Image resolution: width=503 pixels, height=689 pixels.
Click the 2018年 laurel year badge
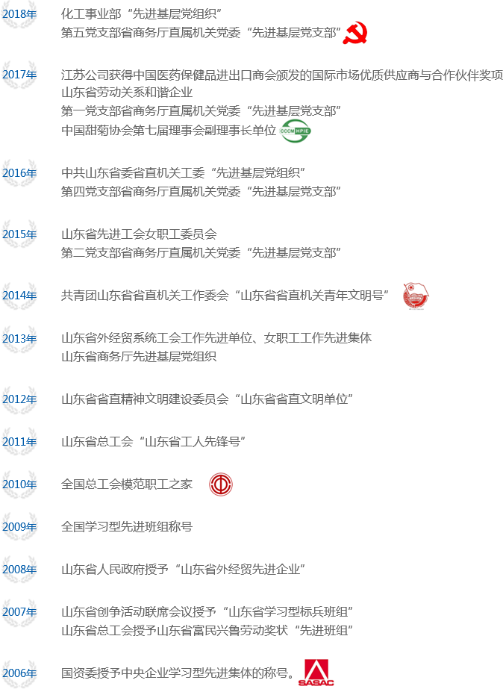(x=19, y=14)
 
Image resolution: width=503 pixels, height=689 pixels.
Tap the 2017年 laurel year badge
(x=19, y=75)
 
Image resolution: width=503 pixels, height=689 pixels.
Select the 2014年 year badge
(x=19, y=296)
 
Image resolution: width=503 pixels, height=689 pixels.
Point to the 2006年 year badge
(x=19, y=673)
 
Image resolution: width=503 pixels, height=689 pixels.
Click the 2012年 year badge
(x=19, y=399)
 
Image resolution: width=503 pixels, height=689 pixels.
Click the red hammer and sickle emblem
(x=354, y=33)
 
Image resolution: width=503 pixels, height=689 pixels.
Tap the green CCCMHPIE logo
(x=296, y=131)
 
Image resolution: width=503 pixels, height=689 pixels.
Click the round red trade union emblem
(x=220, y=484)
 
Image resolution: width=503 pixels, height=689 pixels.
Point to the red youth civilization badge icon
(x=415, y=296)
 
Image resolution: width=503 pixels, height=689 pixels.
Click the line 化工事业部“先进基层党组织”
(x=141, y=14)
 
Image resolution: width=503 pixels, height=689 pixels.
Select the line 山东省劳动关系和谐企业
(x=127, y=93)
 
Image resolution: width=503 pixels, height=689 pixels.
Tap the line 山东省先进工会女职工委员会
(x=139, y=234)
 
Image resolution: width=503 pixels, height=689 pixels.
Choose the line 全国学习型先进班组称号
(x=127, y=527)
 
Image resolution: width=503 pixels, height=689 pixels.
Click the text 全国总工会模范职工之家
(x=127, y=484)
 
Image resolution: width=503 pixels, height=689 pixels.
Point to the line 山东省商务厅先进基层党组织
(x=139, y=357)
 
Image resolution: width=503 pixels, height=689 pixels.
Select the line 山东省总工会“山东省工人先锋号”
(x=154, y=442)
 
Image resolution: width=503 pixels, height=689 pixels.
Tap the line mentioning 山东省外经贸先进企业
(x=184, y=570)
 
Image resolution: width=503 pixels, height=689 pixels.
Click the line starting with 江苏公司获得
(x=281, y=75)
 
